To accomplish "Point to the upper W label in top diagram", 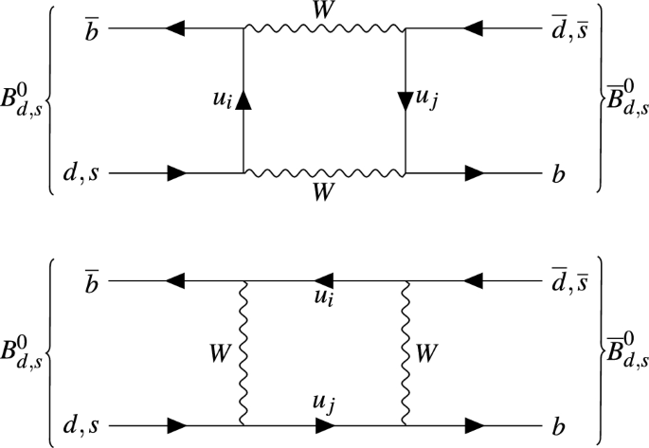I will [x=325, y=10].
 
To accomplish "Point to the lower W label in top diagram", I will [x=325, y=192].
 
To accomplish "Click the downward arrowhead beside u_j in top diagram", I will [x=406, y=99].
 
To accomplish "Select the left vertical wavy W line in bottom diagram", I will [x=244, y=353].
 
